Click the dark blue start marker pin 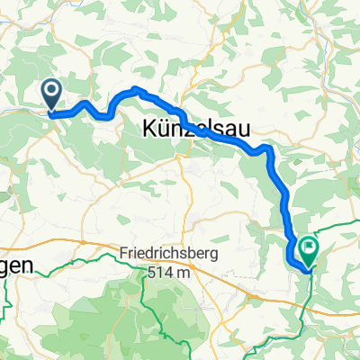50,93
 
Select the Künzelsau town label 187,130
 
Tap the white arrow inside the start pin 50,89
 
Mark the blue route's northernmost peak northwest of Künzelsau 136,88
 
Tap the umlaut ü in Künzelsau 162,130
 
